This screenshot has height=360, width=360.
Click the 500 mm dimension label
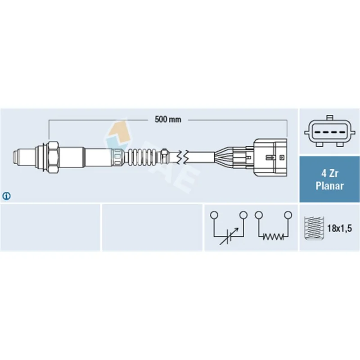click(168, 119)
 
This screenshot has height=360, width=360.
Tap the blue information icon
click(6, 196)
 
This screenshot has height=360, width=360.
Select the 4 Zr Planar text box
click(329, 179)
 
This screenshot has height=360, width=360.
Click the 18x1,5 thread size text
click(339, 228)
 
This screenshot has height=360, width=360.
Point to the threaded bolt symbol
click(314, 228)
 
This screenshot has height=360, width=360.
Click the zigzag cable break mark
click(183, 157)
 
